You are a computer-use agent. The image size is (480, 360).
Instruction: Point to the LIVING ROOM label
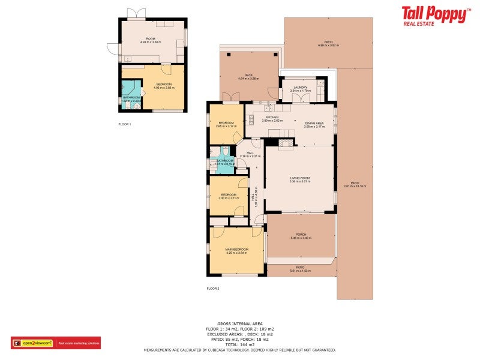(300, 178)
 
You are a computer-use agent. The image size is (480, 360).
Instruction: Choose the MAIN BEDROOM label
(236, 250)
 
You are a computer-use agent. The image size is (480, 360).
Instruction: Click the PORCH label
(301, 235)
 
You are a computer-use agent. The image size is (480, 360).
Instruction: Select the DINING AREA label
(314, 123)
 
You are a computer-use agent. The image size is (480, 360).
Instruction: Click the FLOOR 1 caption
(125, 124)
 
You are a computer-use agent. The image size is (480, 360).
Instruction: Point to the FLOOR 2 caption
(213, 289)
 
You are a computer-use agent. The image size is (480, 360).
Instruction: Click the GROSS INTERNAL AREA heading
(240, 323)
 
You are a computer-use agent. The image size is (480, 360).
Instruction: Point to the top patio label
(328, 42)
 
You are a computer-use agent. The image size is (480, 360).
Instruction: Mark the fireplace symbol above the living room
(286, 143)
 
